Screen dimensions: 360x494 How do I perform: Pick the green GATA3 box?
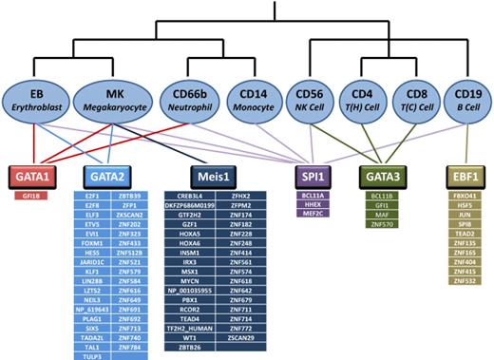coord(385,177)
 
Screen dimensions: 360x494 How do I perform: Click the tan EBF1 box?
coord(465,177)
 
